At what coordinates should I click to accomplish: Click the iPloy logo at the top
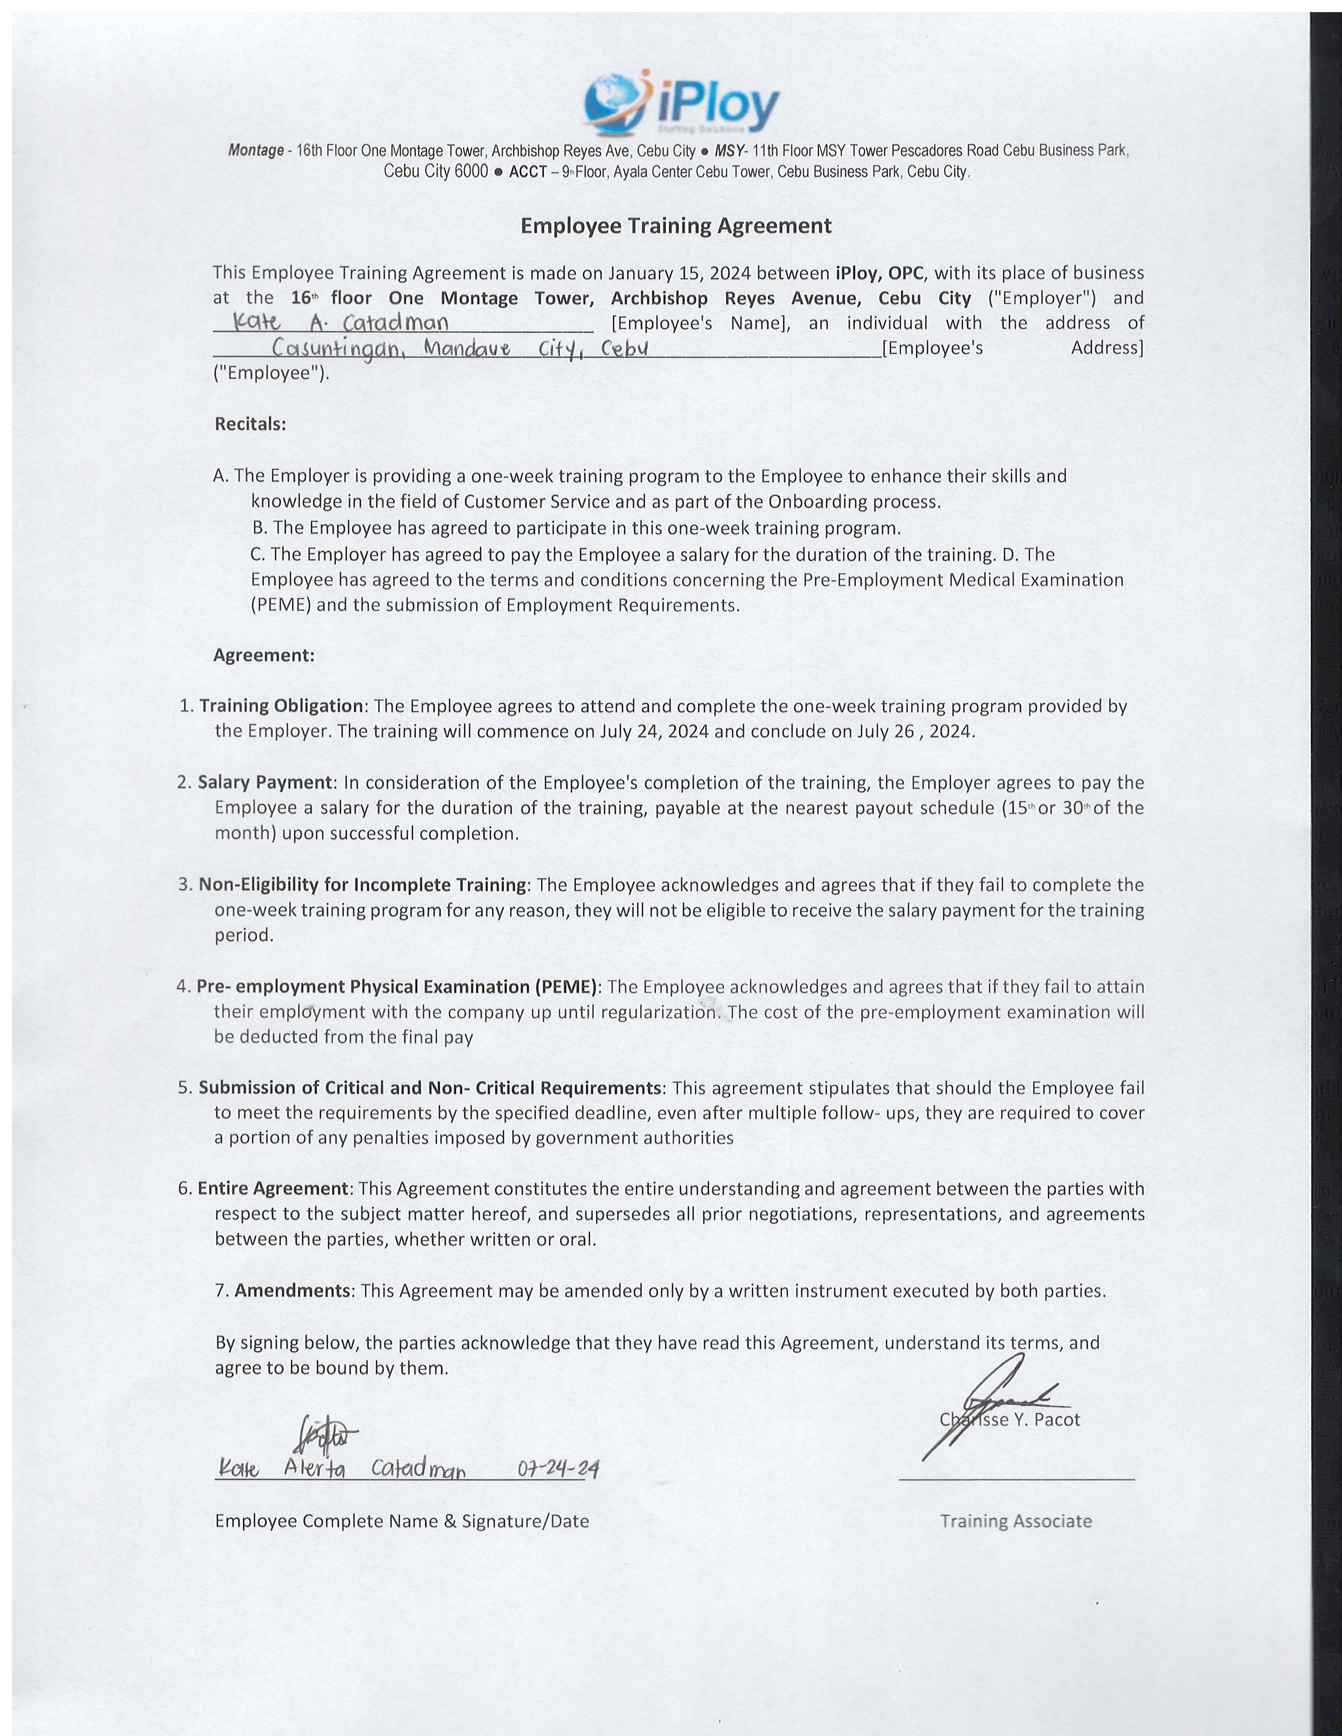pos(680,102)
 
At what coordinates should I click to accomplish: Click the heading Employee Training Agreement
pos(676,226)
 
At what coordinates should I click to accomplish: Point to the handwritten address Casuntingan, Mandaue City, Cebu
pos(459,348)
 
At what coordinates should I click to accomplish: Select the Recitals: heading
pos(249,423)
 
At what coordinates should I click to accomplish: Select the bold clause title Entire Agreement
pos(273,1188)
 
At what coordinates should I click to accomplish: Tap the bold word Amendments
pos(292,1290)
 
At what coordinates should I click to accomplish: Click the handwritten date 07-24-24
pos(557,1469)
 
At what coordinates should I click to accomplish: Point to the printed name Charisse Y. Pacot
pos(1010,1420)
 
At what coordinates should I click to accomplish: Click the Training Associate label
pos(1015,1521)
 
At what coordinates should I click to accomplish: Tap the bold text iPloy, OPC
pos(879,272)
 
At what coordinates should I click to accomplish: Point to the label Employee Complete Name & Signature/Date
pos(402,1521)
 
